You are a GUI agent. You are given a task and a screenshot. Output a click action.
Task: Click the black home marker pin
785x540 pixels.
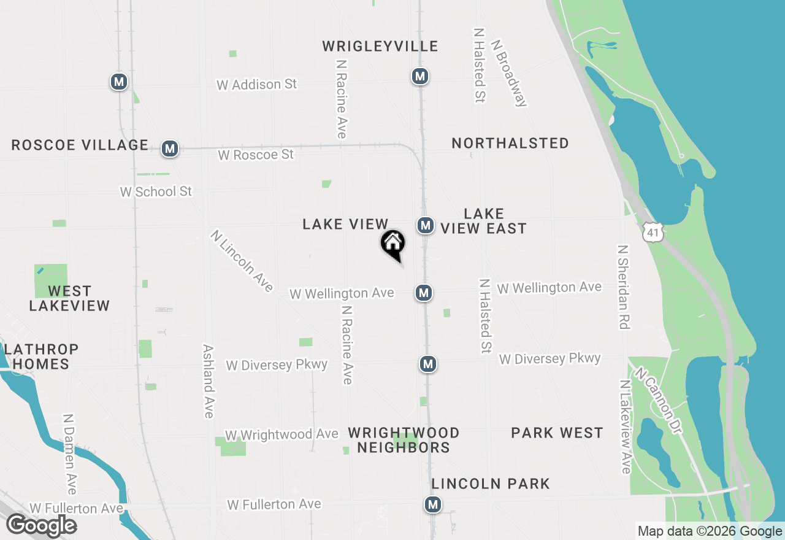(x=393, y=244)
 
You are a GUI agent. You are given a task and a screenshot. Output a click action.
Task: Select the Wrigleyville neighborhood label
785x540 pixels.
(x=380, y=46)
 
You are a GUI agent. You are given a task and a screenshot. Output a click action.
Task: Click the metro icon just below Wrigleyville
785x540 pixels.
(x=419, y=76)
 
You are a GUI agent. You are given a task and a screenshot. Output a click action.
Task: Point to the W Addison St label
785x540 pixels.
(x=256, y=84)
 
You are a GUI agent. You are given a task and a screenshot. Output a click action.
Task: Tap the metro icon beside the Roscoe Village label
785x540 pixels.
(x=170, y=148)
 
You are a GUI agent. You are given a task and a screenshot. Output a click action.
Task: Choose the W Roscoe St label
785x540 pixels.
(x=256, y=155)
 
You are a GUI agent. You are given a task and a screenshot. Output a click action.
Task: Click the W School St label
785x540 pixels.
(x=156, y=191)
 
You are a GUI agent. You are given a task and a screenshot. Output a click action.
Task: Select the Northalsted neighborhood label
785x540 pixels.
(x=510, y=143)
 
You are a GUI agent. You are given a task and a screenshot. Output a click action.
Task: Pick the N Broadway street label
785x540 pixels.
(x=508, y=74)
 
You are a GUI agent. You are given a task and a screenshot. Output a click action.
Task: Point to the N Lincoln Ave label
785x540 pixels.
(x=241, y=261)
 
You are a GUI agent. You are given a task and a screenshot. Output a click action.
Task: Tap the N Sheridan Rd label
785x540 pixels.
(x=624, y=287)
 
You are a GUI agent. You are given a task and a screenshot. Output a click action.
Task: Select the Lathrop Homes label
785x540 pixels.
(x=41, y=357)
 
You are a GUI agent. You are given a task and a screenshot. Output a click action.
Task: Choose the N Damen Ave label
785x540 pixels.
(x=69, y=454)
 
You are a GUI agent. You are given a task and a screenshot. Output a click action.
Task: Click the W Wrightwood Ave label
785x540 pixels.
(x=281, y=434)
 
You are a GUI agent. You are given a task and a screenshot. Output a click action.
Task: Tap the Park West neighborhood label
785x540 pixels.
(x=557, y=433)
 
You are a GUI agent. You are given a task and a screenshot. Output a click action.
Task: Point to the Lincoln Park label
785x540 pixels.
(x=490, y=484)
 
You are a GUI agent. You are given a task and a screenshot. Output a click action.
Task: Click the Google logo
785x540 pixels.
(x=42, y=525)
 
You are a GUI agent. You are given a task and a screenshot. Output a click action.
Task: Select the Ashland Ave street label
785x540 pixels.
(x=208, y=380)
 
